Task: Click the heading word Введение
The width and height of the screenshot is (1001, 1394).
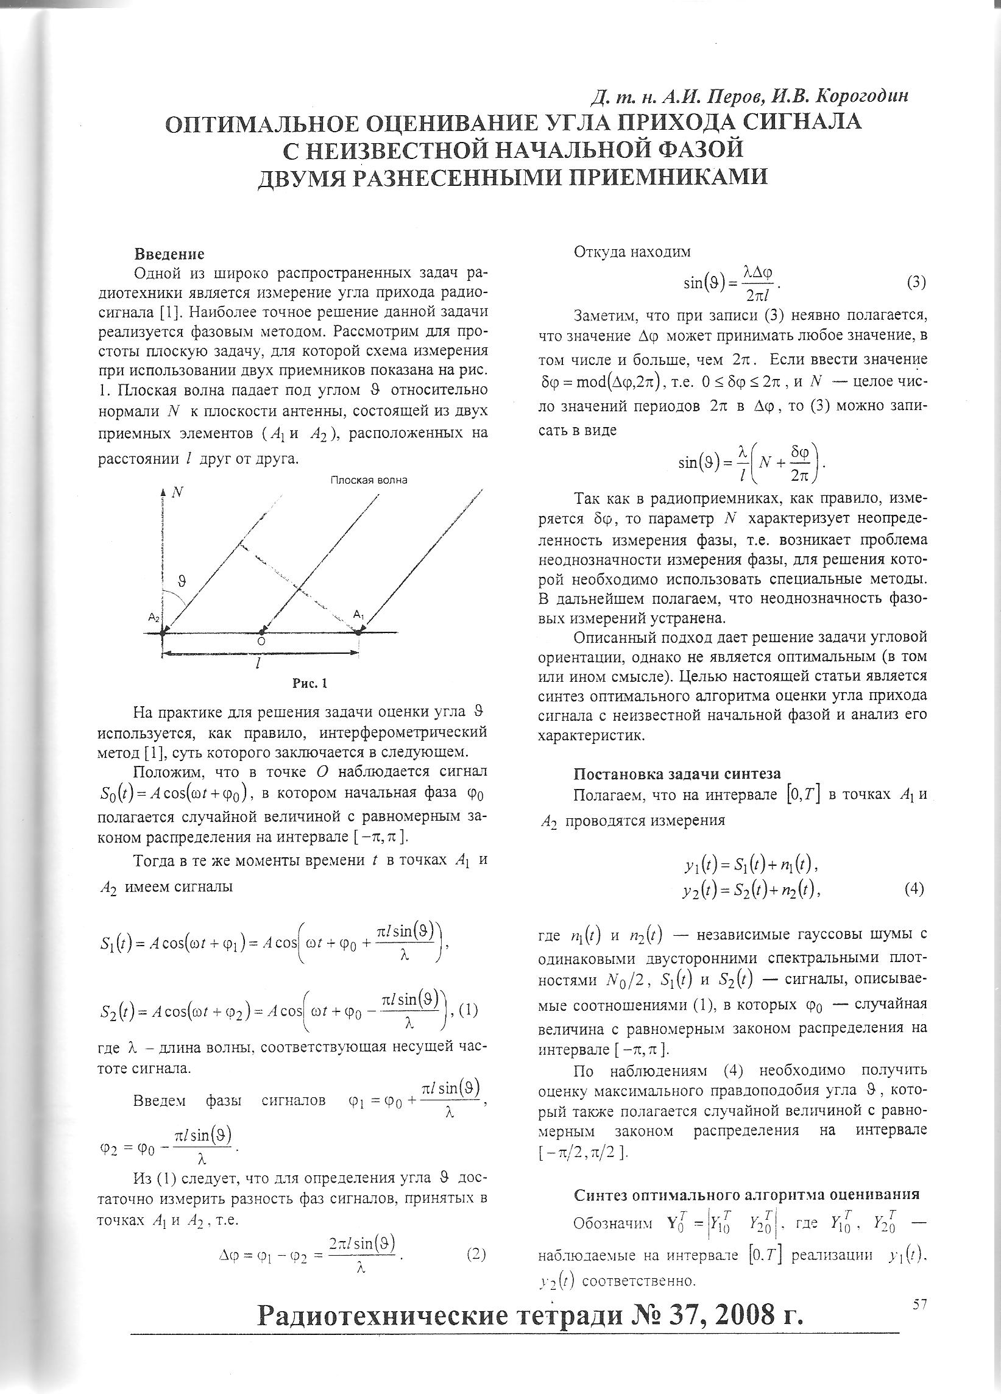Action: pos(169,254)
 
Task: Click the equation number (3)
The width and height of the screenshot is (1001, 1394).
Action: pos(916,283)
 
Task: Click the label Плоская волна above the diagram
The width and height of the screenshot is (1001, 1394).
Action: pos(369,480)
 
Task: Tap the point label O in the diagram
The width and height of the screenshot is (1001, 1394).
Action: pos(261,640)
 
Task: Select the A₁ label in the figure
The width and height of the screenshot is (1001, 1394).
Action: pos(359,614)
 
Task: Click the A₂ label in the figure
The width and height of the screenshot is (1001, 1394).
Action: pos(154,617)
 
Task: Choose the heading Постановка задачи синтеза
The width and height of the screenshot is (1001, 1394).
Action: pos(676,774)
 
